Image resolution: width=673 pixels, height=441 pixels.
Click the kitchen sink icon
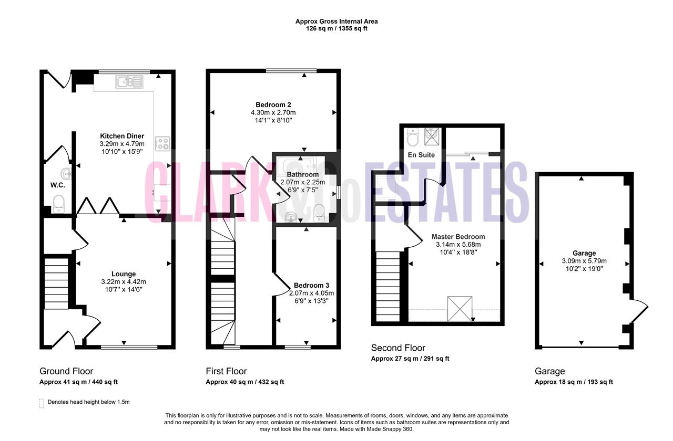click(129, 82)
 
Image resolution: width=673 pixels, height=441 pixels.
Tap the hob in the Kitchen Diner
click(162, 144)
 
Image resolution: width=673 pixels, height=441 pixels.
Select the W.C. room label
click(58, 185)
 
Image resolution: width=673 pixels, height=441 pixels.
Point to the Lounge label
click(124, 274)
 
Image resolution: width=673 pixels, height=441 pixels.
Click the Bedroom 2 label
click(273, 104)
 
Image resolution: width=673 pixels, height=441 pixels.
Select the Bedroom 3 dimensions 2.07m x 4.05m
click(312, 293)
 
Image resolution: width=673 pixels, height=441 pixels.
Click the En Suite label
click(421, 155)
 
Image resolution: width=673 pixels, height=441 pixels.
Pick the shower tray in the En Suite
click(432, 136)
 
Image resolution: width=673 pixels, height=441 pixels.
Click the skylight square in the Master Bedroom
click(460, 309)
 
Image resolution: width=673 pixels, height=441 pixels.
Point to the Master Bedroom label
click(458, 237)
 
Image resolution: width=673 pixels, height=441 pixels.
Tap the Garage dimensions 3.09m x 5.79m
click(584, 261)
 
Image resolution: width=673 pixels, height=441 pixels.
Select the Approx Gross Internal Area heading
click(336, 22)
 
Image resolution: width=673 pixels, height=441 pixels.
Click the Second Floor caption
click(398, 348)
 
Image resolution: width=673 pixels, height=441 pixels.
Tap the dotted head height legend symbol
click(42, 403)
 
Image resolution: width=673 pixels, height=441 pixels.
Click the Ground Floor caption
click(66, 371)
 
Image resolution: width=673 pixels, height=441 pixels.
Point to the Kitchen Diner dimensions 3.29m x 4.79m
click(122, 144)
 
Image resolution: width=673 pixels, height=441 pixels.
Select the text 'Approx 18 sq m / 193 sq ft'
click(574, 382)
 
